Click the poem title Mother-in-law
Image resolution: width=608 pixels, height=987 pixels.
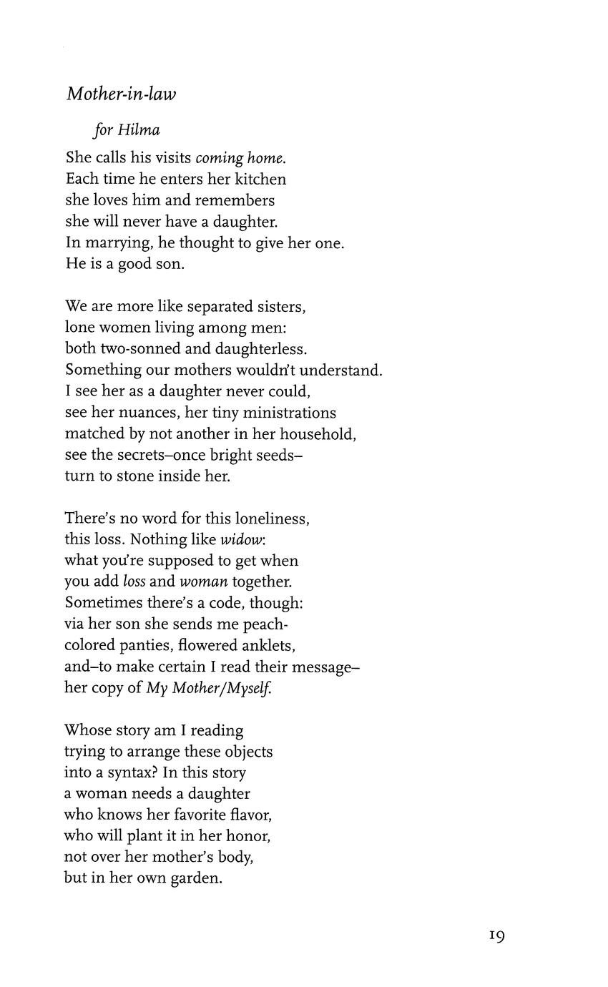(x=121, y=94)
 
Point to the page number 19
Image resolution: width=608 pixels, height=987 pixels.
(x=497, y=935)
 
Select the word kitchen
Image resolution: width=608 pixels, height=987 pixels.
(x=258, y=179)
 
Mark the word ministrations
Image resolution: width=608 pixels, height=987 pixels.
(x=290, y=413)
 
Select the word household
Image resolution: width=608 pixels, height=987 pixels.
(x=317, y=434)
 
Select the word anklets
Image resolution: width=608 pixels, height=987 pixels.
(x=266, y=646)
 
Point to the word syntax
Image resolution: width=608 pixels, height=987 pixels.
(x=134, y=773)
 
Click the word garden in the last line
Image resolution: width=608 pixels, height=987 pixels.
(x=196, y=878)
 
